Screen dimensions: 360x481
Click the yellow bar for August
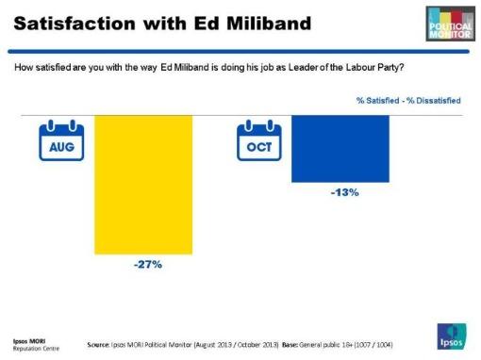[144, 185]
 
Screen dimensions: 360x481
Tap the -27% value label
[146, 265]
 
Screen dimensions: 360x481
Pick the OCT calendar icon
[257, 140]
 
